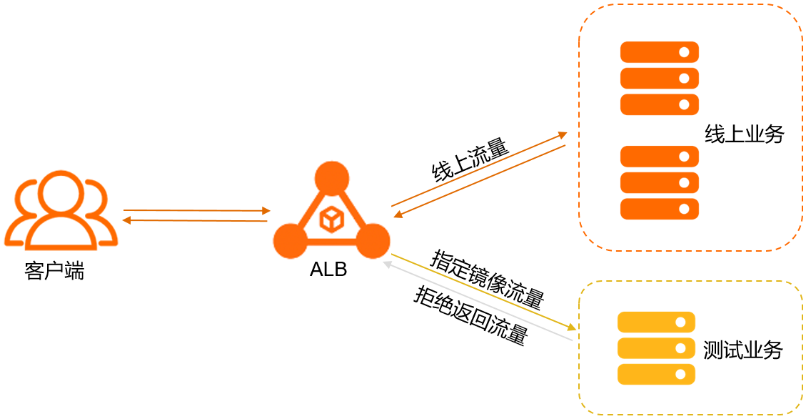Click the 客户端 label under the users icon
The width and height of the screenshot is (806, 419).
[x=54, y=272]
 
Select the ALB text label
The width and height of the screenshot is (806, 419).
[x=328, y=270]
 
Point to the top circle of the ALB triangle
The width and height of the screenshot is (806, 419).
[x=332, y=178]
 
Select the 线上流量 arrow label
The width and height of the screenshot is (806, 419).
[x=470, y=160]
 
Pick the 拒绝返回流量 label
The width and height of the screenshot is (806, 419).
[x=470, y=315]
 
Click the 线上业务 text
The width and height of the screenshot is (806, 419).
[x=744, y=134]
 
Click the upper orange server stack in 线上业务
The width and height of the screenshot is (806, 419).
[x=659, y=78]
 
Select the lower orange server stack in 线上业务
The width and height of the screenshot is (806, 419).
[x=659, y=182]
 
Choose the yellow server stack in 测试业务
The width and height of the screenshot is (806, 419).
[x=656, y=347]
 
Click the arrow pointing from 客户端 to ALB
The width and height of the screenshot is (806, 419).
[x=196, y=210]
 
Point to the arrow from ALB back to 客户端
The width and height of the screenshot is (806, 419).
[x=196, y=220]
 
